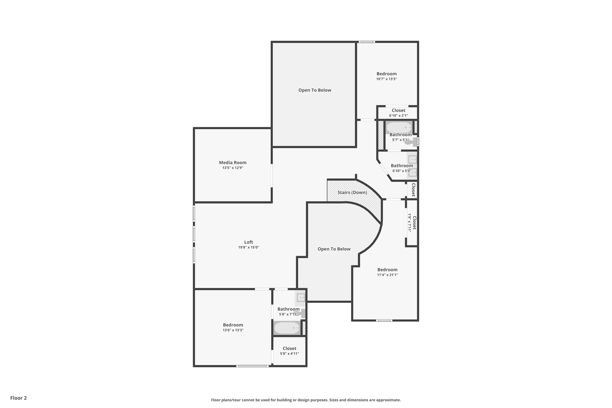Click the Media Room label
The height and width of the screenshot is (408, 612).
232,163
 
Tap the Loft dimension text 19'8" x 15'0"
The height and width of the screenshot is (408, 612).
248,247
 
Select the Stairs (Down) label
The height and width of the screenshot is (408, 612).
352,192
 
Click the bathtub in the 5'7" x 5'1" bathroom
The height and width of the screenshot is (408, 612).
399,128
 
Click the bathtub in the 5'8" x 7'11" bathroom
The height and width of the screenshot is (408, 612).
287,328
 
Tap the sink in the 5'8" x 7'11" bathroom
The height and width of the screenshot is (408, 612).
301,298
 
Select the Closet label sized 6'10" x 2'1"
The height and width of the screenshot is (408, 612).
398,111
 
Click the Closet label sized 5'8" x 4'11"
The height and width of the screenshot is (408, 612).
289,349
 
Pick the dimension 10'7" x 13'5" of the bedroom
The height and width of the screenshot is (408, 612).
386,79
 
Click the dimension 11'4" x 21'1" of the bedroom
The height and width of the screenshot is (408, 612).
387,275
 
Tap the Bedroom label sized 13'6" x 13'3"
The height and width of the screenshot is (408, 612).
233,325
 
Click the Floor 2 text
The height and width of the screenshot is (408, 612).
19,398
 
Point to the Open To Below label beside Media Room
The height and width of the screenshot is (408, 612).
315,90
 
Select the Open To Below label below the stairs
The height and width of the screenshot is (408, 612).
334,249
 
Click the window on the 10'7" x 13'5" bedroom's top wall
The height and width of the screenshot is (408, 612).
367,42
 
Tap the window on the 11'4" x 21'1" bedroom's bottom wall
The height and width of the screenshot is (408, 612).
384,320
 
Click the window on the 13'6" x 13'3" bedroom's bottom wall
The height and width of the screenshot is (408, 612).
252,366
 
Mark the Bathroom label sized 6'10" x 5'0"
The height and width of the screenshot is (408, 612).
402,166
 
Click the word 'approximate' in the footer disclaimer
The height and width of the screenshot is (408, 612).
388,400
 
